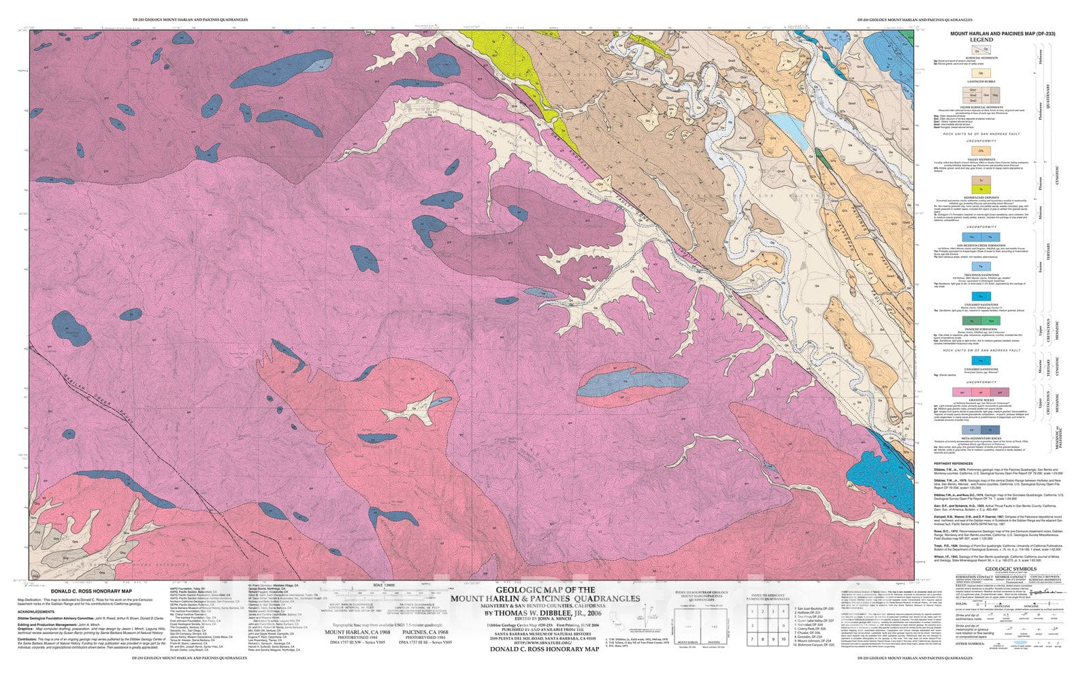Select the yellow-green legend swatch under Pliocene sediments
click(981, 188)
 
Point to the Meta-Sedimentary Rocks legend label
click(981, 439)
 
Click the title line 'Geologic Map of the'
click(543, 590)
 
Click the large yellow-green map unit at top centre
click(541, 95)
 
